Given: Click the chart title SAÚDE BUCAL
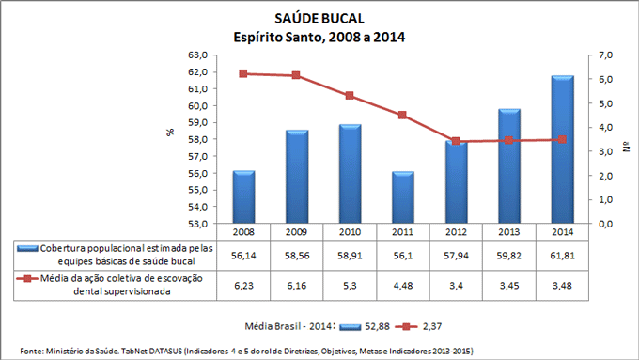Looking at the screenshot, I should pos(319,19).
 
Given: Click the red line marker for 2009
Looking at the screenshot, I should pos(296,75).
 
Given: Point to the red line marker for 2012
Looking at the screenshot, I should pos(456,141).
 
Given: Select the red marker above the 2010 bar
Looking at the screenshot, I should pos(350,96).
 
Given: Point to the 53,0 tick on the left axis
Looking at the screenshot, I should pos(195,224).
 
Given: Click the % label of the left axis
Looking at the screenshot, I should pos(170,133).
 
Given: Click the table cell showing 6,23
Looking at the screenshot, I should pos(243,285).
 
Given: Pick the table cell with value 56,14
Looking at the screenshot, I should pos(243,254).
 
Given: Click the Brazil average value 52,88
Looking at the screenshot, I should pos(380,326).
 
